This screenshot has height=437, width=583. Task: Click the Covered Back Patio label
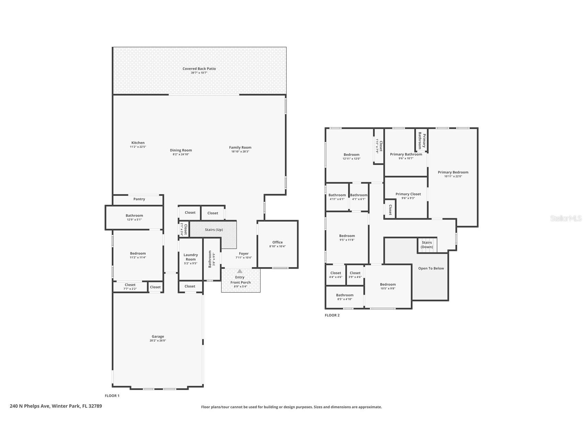pyautogui.click(x=199, y=69)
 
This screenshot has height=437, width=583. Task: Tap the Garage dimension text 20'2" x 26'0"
pyautogui.click(x=158, y=341)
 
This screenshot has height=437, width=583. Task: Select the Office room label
pyautogui.click(x=277, y=242)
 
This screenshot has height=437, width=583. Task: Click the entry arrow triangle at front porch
pyautogui.click(x=240, y=271)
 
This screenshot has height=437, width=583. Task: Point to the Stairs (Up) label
pyautogui.click(x=214, y=229)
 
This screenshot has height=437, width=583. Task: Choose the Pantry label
pyautogui.click(x=139, y=199)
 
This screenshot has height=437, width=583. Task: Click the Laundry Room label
pyautogui.click(x=191, y=257)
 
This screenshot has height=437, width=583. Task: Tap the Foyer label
pyautogui.click(x=244, y=254)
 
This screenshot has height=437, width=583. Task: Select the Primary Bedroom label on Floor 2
pyautogui.click(x=453, y=172)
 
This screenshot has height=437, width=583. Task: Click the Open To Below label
pyautogui.click(x=431, y=268)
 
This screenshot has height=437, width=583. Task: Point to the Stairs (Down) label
pyautogui.click(x=427, y=245)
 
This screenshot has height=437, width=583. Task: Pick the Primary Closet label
pyautogui.click(x=408, y=194)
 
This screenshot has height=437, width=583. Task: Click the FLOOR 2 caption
pyautogui.click(x=332, y=315)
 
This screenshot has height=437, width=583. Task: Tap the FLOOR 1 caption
pyautogui.click(x=112, y=396)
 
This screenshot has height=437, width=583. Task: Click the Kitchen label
pyautogui.click(x=138, y=143)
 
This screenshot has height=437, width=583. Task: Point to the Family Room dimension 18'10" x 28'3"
pyautogui.click(x=240, y=152)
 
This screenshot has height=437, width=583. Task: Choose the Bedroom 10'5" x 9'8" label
pyautogui.click(x=388, y=284)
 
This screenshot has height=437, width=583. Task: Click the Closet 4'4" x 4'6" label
pyautogui.click(x=336, y=273)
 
